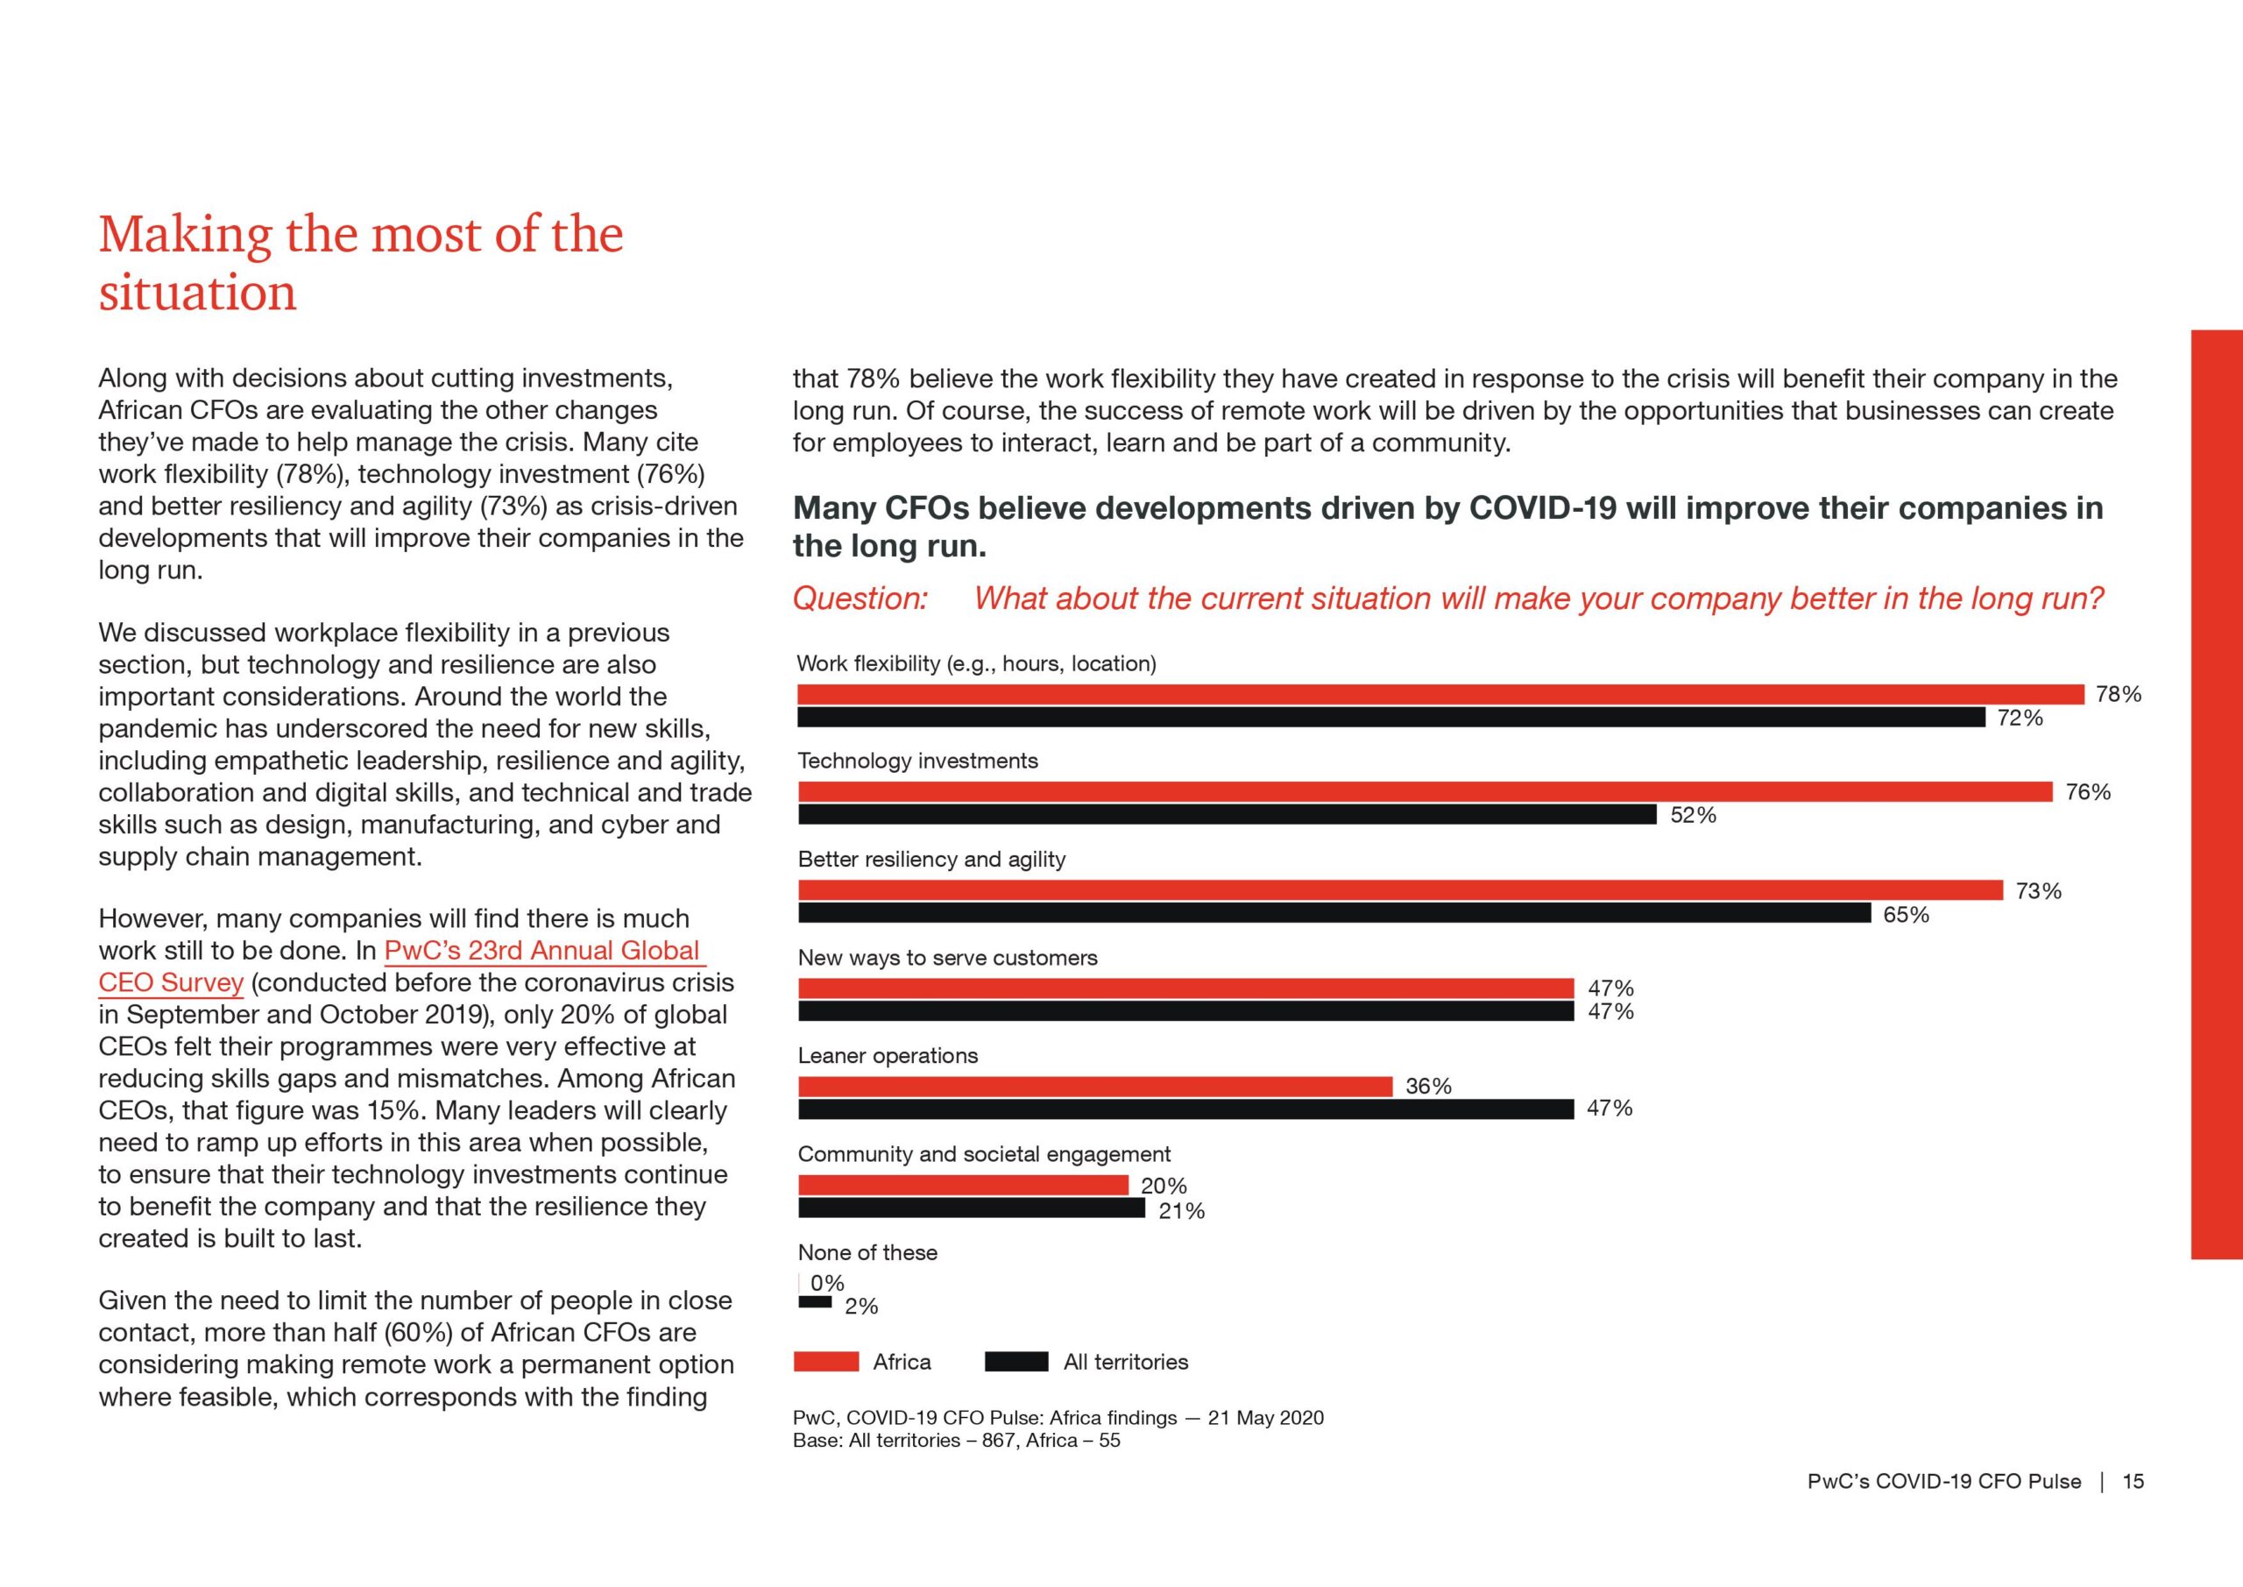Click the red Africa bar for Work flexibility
point(1441,695)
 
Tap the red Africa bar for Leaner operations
point(1095,1087)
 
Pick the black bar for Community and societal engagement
point(971,1208)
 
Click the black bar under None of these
point(815,1302)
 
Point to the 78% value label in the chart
point(2119,695)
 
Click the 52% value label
point(1693,815)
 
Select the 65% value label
point(1906,915)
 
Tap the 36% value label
point(1428,1086)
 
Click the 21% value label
point(1181,1211)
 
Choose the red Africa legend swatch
point(826,1363)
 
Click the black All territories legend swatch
point(1016,1363)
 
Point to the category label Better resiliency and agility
point(931,859)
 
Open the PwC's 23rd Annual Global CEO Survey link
point(400,967)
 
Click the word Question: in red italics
point(860,598)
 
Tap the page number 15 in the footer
point(2133,1482)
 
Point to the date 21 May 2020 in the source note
point(1265,1418)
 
